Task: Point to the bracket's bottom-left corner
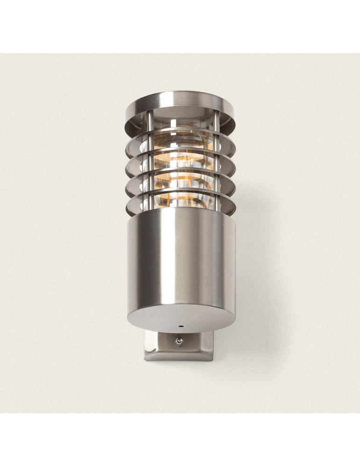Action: [146, 359]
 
